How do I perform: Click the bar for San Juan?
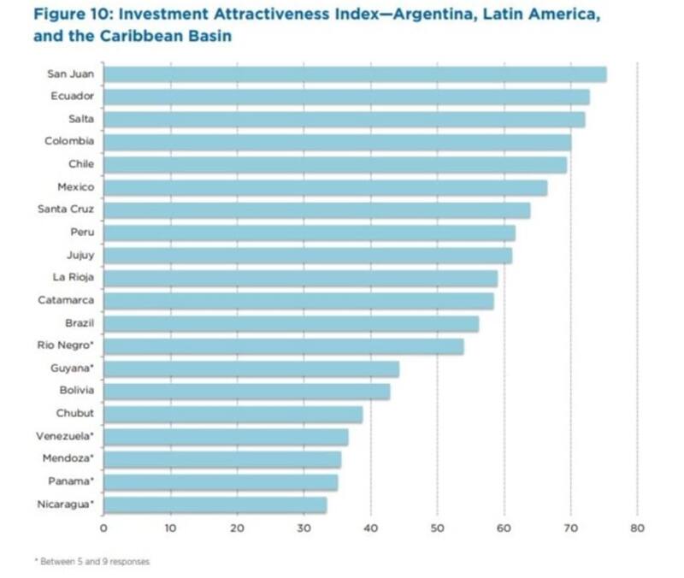pos(355,74)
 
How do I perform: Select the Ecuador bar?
pos(346,97)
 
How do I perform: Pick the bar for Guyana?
pos(251,369)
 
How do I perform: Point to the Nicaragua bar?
pos(215,504)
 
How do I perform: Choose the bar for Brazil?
pos(291,323)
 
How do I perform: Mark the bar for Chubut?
pos(233,414)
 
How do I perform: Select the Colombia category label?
pos(69,141)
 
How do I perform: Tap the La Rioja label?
pos(73,277)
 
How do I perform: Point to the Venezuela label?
pos(65,436)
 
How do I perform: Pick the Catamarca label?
pos(66,300)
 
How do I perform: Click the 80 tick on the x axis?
pos(637,528)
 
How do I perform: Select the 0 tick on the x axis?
pos(103,528)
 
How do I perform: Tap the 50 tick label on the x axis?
pos(437,528)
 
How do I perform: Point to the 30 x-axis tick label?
pos(304,528)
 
